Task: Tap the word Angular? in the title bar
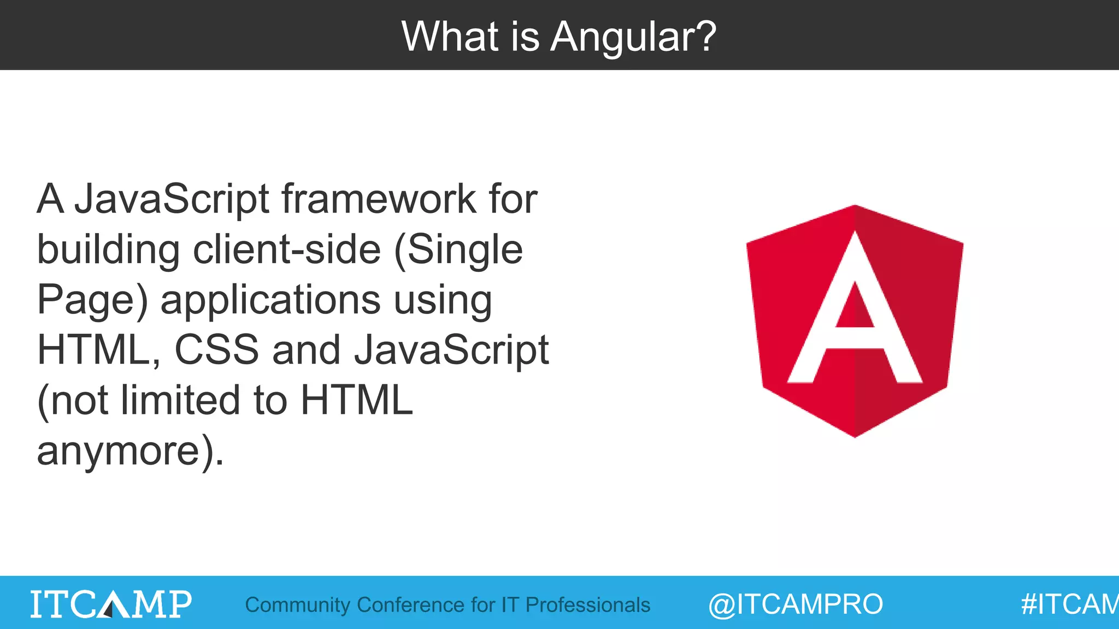click(633, 37)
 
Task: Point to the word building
click(108, 250)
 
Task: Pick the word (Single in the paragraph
click(458, 250)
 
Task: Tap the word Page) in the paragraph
click(92, 300)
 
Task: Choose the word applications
click(270, 300)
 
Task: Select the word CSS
click(216, 350)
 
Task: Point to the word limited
click(181, 400)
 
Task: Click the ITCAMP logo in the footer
click(111, 604)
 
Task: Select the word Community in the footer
click(297, 605)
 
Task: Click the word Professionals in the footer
click(587, 605)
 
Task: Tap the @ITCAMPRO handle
click(796, 604)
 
